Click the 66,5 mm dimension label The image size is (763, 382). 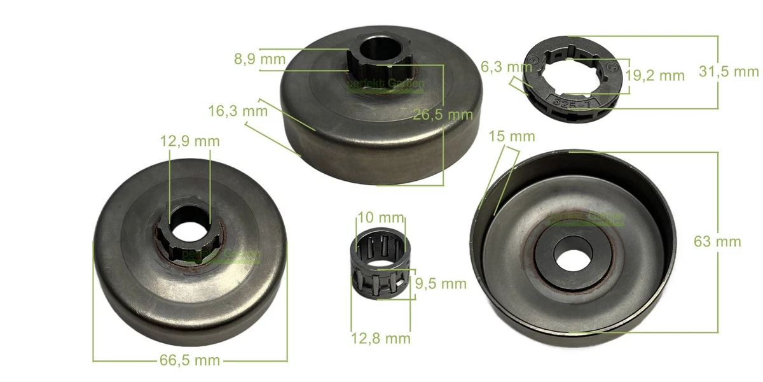pos(189,361)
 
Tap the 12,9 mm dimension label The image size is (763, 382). pos(189,141)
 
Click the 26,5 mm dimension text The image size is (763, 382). pos(443,115)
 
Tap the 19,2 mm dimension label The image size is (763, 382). pos(655,76)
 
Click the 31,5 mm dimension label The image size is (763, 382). pos(729,71)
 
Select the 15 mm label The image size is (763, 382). pos(512,136)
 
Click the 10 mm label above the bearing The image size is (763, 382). pos(374,217)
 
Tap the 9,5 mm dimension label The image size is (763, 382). pos(440,283)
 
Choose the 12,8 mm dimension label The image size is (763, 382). pos(381,338)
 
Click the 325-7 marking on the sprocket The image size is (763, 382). pos(565,101)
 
